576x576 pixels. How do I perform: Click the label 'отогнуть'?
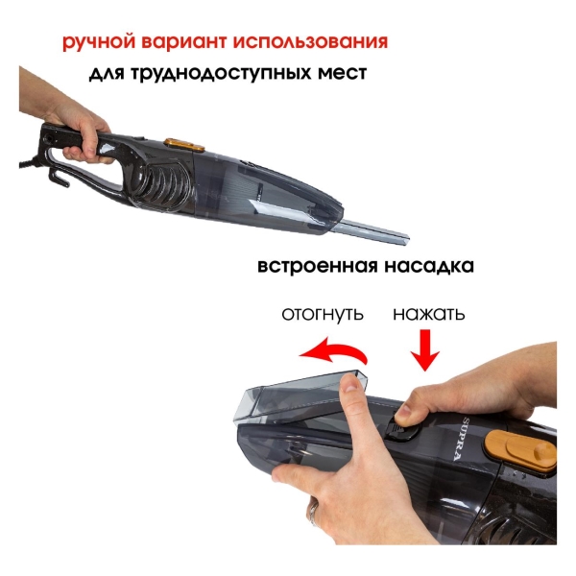click(x=322, y=314)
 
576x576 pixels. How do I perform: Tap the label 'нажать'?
click(x=429, y=314)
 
